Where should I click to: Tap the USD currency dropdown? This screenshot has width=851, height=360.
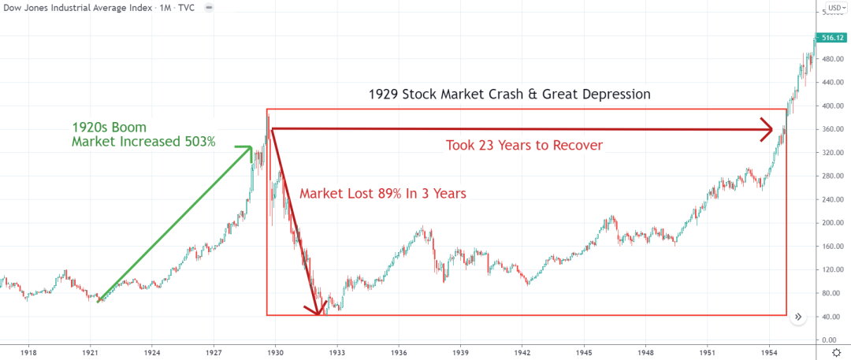click(x=834, y=9)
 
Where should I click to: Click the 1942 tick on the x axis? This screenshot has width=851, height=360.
click(x=522, y=352)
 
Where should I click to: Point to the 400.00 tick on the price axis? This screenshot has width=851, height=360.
click(x=829, y=106)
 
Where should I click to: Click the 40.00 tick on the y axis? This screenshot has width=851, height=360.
click(x=829, y=317)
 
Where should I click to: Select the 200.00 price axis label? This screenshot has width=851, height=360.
click(x=829, y=223)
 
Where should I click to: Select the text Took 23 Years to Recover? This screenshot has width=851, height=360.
click(x=525, y=145)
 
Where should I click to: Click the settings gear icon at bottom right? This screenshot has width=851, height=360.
click(x=836, y=352)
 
